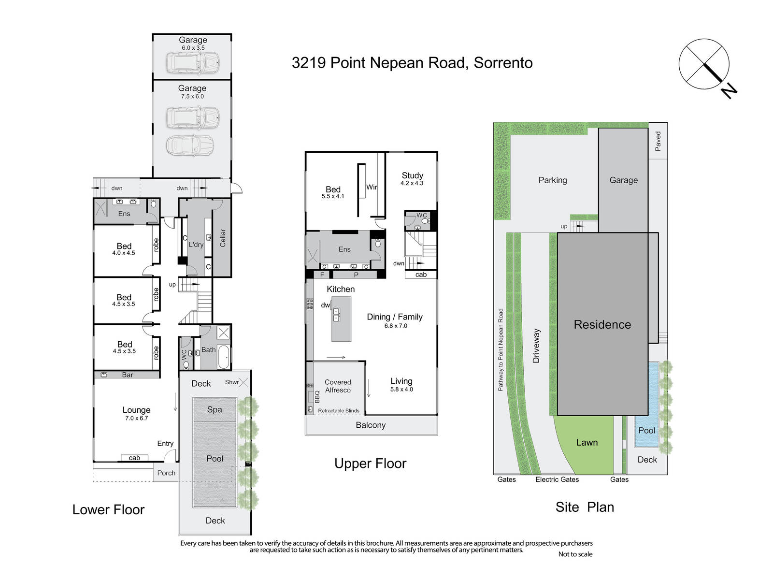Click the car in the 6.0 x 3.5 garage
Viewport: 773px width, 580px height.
[193, 63]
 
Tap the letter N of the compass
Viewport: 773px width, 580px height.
[728, 91]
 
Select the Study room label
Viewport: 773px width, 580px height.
[413, 175]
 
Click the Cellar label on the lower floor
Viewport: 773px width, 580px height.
[223, 238]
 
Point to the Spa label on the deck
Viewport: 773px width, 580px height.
[215, 409]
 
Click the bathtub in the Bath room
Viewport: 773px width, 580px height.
[223, 357]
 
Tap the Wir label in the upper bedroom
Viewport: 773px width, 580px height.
[372, 187]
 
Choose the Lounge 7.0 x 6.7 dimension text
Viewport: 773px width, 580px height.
[137, 419]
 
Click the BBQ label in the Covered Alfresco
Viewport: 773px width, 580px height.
[317, 397]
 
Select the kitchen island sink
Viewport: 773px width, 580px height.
[336, 315]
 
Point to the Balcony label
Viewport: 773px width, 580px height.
[371, 425]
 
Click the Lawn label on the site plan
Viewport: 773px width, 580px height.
[587, 443]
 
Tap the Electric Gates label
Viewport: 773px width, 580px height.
[557, 479]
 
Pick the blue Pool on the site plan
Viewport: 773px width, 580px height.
[646, 404]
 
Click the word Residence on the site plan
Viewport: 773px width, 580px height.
[602, 324]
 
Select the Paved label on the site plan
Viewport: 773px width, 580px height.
[658, 141]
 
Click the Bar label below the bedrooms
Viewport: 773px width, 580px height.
[128, 375]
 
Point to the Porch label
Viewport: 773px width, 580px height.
[166, 473]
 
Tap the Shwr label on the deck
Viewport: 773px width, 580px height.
[232, 382]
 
